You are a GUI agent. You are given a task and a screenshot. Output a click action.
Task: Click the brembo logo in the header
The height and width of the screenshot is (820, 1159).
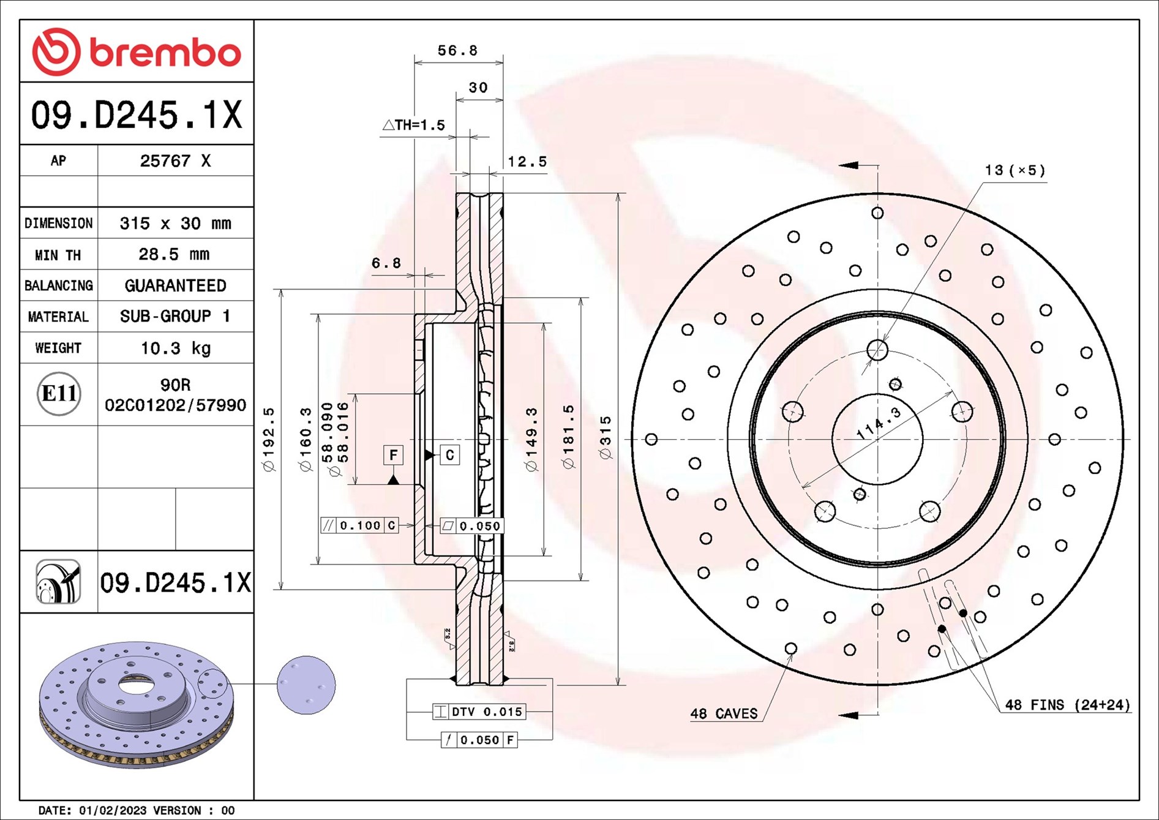137,52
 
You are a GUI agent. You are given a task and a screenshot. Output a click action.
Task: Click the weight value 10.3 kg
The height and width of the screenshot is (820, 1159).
175,348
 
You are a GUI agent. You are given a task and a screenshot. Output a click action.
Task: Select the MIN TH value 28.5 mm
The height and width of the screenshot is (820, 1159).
174,254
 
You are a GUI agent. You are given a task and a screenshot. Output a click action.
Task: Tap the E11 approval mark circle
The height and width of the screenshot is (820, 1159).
59,393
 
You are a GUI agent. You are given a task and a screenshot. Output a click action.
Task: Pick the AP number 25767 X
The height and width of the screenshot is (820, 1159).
175,161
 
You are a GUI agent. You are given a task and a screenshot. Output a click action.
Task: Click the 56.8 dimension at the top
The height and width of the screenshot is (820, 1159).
457,51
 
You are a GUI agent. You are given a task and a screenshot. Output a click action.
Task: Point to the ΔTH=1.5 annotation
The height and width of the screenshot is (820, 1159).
414,126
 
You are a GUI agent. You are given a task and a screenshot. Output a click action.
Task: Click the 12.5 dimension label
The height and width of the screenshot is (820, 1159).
527,162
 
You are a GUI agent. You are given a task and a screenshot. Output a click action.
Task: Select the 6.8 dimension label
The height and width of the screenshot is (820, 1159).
386,263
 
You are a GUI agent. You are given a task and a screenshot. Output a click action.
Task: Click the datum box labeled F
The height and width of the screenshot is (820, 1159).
393,455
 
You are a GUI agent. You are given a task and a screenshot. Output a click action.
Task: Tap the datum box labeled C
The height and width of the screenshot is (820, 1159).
449,455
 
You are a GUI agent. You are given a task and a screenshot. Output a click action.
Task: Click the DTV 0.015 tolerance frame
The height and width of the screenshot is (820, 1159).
479,712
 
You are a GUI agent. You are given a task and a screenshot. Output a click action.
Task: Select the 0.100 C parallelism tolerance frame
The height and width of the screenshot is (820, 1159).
359,525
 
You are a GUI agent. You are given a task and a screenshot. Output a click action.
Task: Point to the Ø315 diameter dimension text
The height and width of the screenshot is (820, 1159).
606,437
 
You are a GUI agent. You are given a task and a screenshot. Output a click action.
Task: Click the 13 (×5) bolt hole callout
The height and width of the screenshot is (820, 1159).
1015,170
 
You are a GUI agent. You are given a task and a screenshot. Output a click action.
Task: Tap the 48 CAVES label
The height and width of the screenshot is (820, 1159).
723,713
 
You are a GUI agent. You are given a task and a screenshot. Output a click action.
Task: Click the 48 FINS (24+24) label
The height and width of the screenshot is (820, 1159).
1067,705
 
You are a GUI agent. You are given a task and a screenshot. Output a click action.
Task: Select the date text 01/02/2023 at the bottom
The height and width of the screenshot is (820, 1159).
113,810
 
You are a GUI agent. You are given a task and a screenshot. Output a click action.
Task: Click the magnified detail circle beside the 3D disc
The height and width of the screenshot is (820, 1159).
306,685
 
